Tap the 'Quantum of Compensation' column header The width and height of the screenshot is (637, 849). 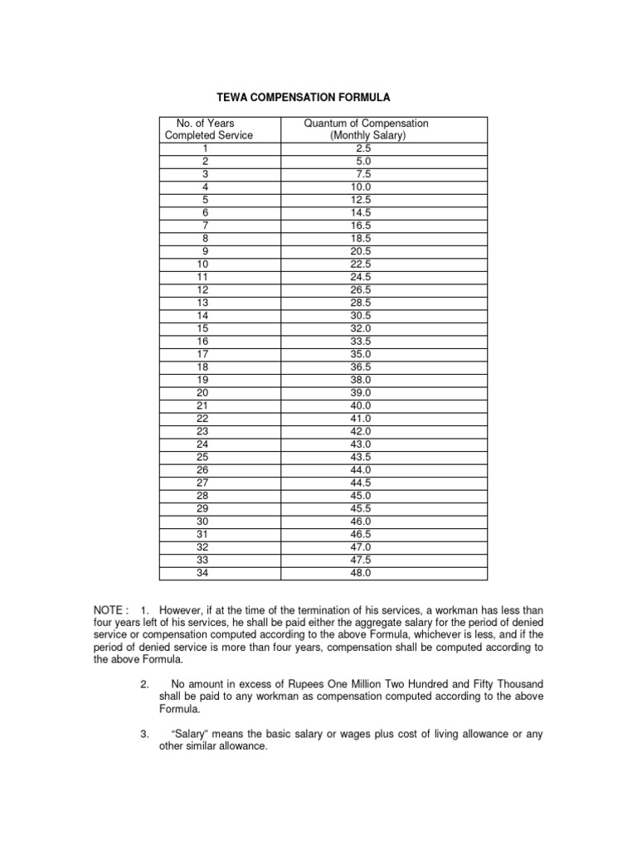click(366, 124)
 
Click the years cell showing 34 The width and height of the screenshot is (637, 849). click(203, 572)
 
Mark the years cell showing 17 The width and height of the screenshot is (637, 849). click(203, 354)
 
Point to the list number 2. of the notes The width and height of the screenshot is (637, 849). click(144, 684)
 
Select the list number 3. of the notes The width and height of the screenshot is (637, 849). click(144, 734)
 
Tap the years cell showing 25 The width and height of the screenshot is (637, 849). click(203, 457)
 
